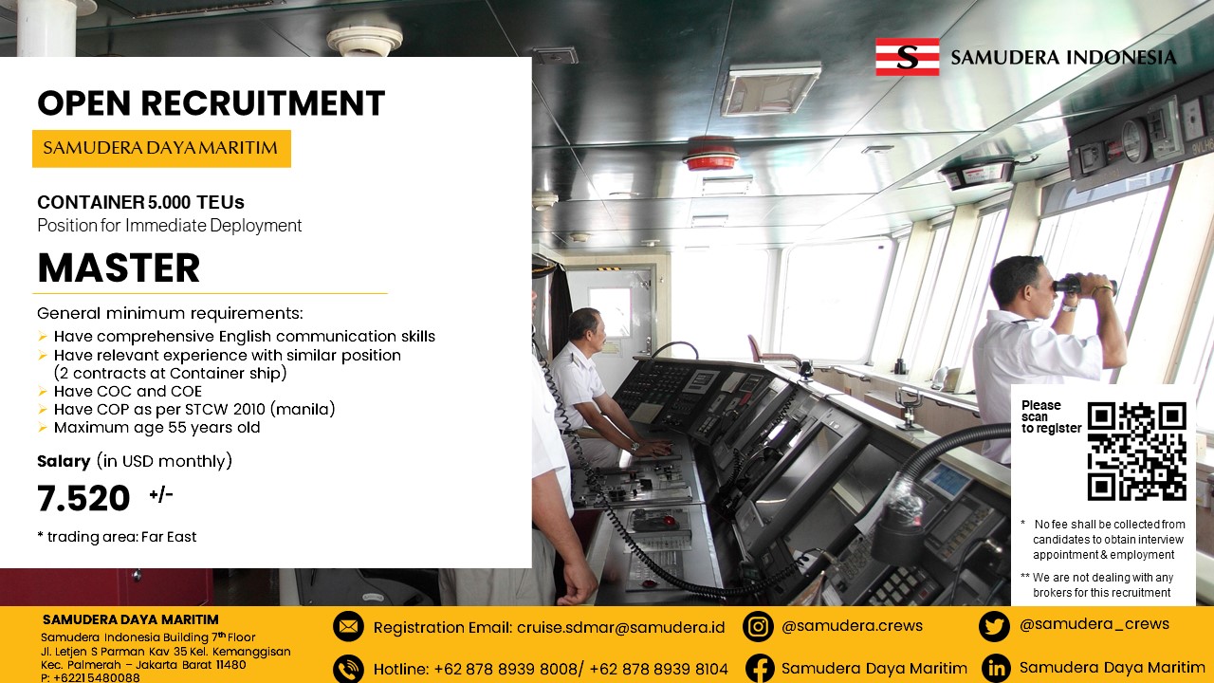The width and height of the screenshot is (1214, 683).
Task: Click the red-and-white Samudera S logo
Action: point(908,57)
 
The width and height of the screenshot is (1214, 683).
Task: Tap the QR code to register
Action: point(1137,451)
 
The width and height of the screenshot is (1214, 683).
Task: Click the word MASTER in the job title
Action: point(119,268)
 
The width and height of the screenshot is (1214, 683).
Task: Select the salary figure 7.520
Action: point(83,498)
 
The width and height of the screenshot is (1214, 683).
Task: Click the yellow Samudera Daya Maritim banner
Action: point(161,148)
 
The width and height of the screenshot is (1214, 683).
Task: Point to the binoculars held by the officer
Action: point(1084,286)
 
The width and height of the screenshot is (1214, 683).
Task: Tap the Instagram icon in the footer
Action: point(758,627)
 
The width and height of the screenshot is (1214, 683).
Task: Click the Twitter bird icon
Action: point(994,627)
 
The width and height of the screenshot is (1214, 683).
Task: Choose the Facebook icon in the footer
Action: point(760,669)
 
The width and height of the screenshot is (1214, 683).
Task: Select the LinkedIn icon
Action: point(996,669)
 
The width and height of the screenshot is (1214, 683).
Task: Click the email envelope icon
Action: point(348,627)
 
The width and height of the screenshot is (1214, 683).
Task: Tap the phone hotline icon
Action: point(348,669)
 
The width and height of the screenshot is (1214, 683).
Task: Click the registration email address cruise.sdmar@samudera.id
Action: point(620,628)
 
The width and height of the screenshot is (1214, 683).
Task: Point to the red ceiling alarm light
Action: point(711,154)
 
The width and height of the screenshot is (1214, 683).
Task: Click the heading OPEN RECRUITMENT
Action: point(211,103)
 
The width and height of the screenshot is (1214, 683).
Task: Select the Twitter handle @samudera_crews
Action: point(1094,624)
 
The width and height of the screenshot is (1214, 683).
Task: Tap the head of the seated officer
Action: point(584,328)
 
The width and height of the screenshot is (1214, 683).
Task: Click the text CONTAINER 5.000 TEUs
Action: point(140,202)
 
